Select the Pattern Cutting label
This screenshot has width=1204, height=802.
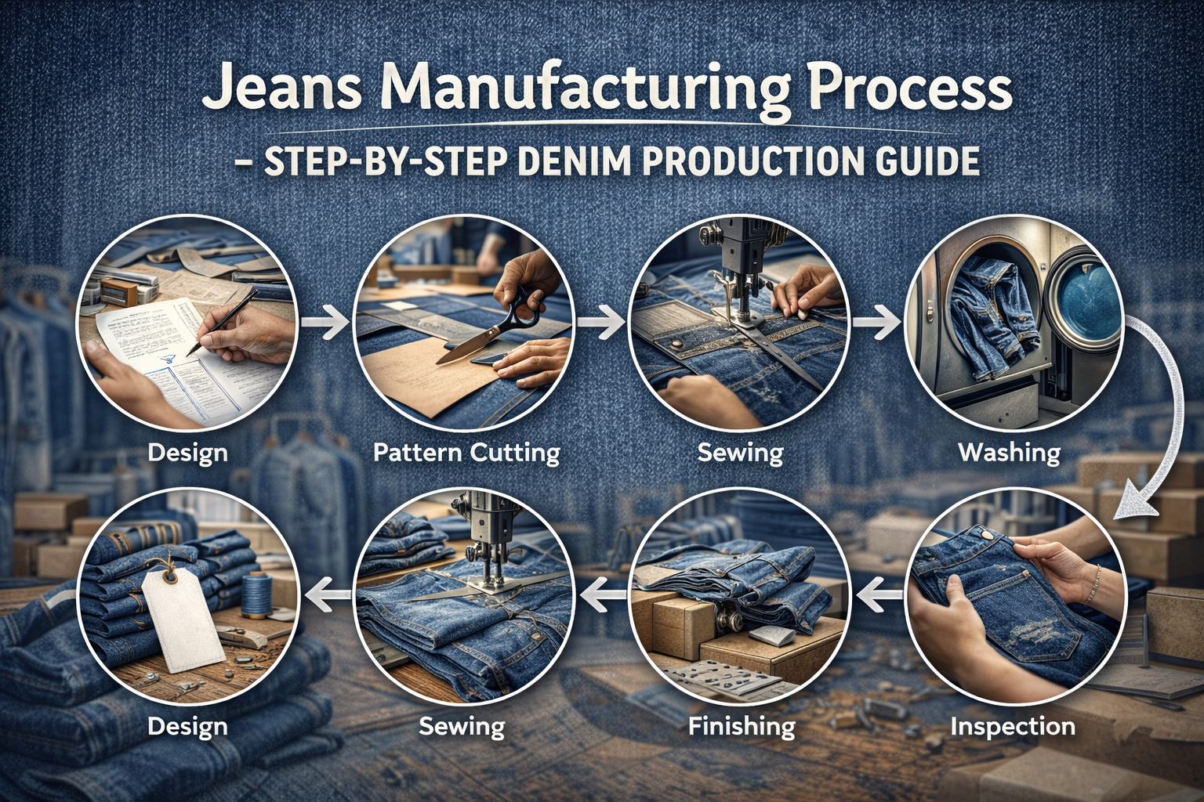point(466,453)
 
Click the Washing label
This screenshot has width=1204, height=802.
point(1010,452)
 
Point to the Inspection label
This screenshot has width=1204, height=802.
point(1012,726)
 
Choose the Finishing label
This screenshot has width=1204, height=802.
point(742,726)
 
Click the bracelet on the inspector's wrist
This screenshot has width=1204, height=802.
point(1095,580)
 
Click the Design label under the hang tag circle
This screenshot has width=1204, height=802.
point(187,726)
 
